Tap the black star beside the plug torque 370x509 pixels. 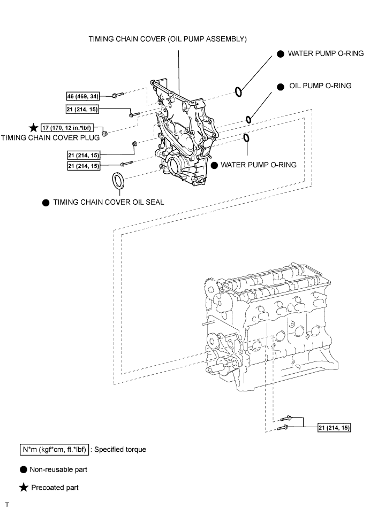coord(34,128)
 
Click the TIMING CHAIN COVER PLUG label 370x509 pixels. coord(50,137)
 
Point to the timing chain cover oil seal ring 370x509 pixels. coord(118,181)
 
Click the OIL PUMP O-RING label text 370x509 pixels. coord(320,86)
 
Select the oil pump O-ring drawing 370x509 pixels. coord(248,119)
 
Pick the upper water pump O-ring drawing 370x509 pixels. coord(238,92)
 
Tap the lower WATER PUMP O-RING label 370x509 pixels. coord(259,165)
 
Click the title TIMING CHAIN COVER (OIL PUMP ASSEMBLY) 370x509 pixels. coord(168,39)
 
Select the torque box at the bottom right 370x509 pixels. coord(334,428)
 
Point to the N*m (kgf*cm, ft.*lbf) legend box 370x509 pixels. coord(54,450)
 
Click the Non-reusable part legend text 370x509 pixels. coord(58,469)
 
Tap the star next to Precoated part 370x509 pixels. coord(24,487)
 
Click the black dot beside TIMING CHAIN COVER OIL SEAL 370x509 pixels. coord(46,203)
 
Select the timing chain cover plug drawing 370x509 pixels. coord(105,134)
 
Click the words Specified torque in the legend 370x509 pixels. coord(120,450)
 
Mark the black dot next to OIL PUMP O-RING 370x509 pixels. coord(280,87)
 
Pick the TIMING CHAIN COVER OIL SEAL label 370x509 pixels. coord(109,202)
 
